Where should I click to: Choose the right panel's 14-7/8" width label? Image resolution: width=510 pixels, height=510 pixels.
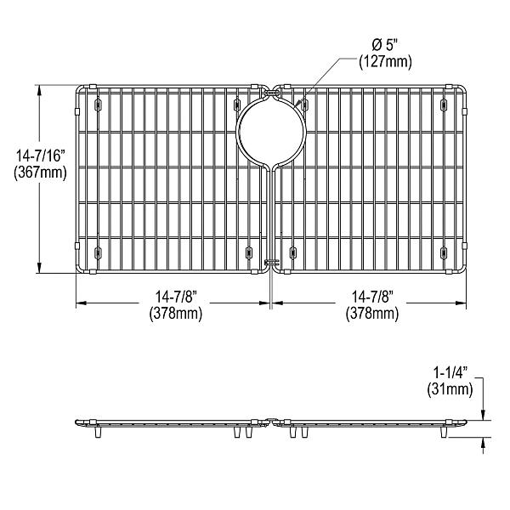pyautogui.click(x=371, y=297)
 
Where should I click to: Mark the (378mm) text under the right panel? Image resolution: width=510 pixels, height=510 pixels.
pyautogui.click(x=371, y=314)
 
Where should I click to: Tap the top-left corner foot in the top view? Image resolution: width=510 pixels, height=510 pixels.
pyautogui.click(x=98, y=105)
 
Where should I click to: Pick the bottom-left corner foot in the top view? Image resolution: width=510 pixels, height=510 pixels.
pyautogui.click(x=98, y=252)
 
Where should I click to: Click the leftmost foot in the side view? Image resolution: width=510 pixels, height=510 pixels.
pyautogui.click(x=99, y=433)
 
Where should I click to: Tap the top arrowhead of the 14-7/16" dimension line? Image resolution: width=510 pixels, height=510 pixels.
pyautogui.click(x=40, y=88)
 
